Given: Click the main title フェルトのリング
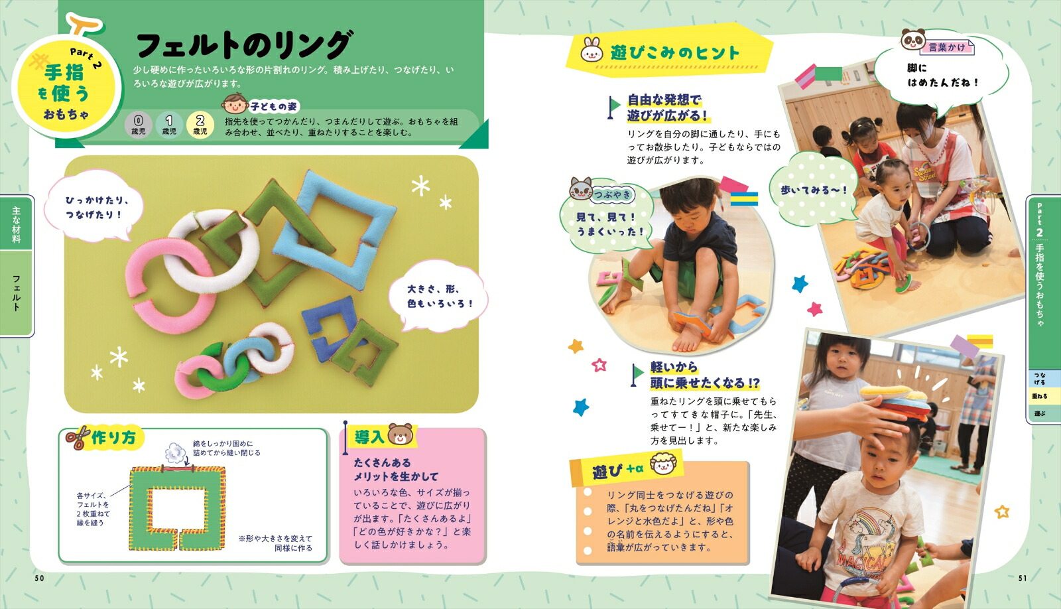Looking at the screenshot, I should click(243, 45).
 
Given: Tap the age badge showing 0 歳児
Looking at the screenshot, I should click(138, 124).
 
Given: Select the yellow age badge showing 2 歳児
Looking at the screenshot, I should click(200, 124).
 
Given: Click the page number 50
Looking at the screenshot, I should click(39, 578).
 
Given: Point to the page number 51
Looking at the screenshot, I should click(1022, 578).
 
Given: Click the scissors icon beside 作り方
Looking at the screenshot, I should click(77, 438).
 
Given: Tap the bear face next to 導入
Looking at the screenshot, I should click(400, 435).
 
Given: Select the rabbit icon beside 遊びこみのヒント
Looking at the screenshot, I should click(592, 50).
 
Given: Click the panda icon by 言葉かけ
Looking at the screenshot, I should click(912, 40).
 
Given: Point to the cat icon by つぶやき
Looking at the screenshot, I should click(581, 190).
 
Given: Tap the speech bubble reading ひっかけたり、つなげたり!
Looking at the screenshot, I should click(94, 207).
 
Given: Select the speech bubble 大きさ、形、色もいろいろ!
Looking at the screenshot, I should click(440, 297).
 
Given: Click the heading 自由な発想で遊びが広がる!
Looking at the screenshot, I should click(666, 107).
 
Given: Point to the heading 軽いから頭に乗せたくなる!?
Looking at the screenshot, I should click(704, 375).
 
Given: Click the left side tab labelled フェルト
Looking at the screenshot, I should click(16, 293).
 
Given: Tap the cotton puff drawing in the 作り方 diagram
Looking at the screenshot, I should click(175, 452).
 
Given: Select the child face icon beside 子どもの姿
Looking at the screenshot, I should click(233, 103).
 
